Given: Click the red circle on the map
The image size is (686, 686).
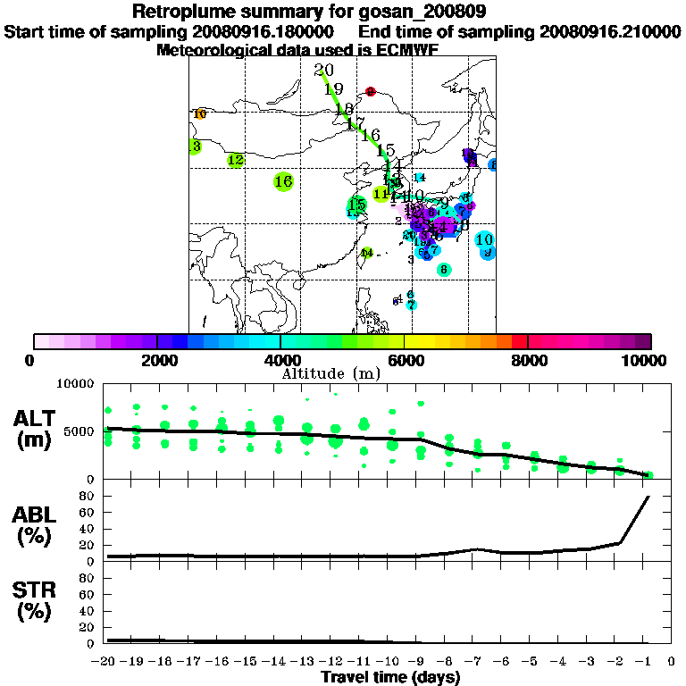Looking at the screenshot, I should [371, 91].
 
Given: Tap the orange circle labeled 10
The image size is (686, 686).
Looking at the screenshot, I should [199, 113].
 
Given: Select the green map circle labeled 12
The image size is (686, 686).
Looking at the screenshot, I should [234, 160].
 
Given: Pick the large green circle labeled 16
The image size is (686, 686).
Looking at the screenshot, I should [283, 181].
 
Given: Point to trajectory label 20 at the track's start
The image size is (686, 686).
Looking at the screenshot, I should [324, 71].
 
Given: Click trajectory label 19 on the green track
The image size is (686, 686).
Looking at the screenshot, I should [334, 88].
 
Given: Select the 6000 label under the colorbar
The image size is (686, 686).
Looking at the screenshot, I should [404, 360].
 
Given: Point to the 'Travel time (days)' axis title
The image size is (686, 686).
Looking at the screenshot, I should [390, 677].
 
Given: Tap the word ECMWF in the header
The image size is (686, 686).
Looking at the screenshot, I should [406, 49].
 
